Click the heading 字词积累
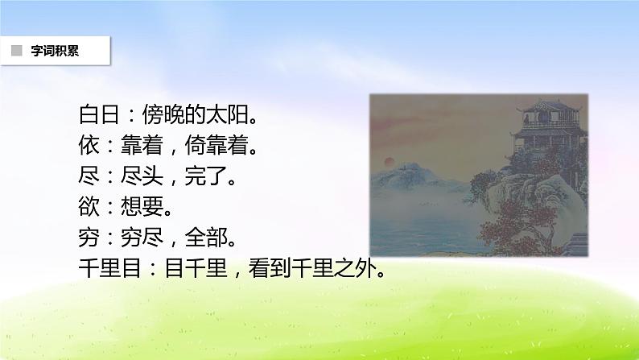click(55, 51)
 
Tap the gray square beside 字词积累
click(17, 51)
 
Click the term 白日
click(99, 114)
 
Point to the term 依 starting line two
click(89, 146)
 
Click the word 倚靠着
click(216, 146)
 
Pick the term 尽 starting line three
click(89, 176)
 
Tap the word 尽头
click(142, 176)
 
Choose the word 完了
click(206, 176)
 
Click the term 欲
click(89, 207)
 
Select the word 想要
click(142, 207)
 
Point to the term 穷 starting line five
click(89, 238)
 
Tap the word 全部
click(206, 238)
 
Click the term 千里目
click(109, 269)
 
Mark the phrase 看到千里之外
click(311, 269)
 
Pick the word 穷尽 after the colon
click(142, 238)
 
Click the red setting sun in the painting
click(390, 161)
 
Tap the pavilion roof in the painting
click(548, 107)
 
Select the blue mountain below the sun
click(411, 177)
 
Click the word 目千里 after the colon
click(196, 269)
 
